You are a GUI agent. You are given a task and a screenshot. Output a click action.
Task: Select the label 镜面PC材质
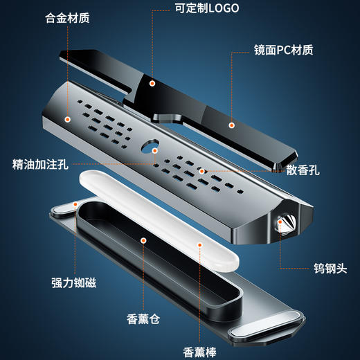(283, 50)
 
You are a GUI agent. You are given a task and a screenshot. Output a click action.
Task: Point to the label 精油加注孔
(40, 165)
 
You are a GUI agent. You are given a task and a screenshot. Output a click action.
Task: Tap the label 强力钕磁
(73, 282)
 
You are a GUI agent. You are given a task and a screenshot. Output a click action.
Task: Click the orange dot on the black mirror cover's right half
(231, 125)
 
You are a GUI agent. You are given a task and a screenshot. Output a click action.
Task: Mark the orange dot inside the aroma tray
(143, 240)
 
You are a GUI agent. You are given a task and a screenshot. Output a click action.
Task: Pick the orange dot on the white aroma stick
(201, 243)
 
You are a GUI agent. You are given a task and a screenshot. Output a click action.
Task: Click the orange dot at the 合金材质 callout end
(67, 119)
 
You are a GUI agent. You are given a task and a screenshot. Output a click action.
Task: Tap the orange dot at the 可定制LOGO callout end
(152, 83)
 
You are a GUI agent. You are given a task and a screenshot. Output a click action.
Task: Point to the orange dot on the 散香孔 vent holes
(201, 170)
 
